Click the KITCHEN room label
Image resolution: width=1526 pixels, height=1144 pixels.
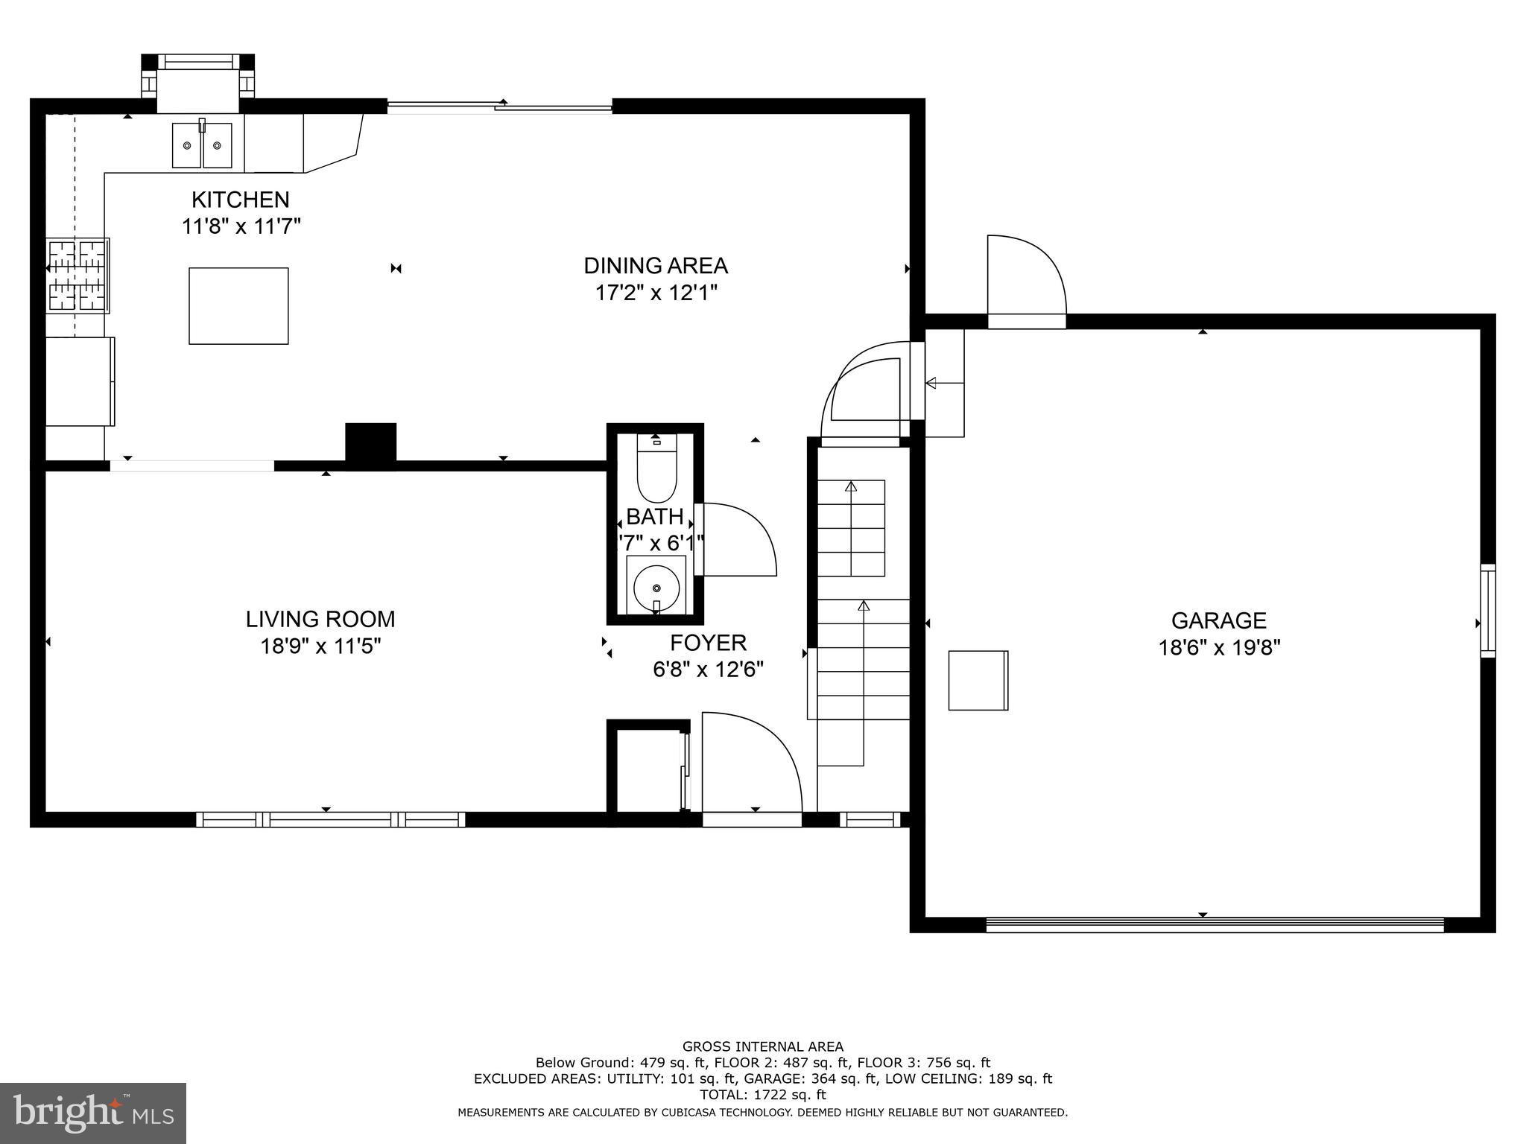click(x=240, y=200)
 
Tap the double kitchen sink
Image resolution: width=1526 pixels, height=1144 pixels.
click(x=202, y=145)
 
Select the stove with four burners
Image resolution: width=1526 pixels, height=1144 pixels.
click(x=77, y=275)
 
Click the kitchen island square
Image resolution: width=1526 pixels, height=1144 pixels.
click(x=238, y=306)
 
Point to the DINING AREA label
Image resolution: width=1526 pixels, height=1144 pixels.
click(x=655, y=266)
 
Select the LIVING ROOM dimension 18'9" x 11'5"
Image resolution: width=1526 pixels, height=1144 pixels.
click(x=320, y=646)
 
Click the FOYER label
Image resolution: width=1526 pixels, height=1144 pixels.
click(x=708, y=643)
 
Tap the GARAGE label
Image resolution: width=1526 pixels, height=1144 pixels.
click(x=1218, y=620)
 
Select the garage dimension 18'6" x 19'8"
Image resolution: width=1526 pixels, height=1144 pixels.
click(x=1218, y=647)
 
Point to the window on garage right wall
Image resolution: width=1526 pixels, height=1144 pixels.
click(x=1487, y=611)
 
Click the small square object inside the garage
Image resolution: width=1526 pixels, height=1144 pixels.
click(x=978, y=680)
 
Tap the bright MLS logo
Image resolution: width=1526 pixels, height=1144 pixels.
click(x=93, y=1113)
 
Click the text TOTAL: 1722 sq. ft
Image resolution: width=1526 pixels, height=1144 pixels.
click(x=762, y=1095)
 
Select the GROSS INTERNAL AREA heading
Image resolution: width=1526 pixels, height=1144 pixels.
click(x=762, y=1046)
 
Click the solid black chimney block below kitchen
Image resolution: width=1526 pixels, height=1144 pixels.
click(x=370, y=445)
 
